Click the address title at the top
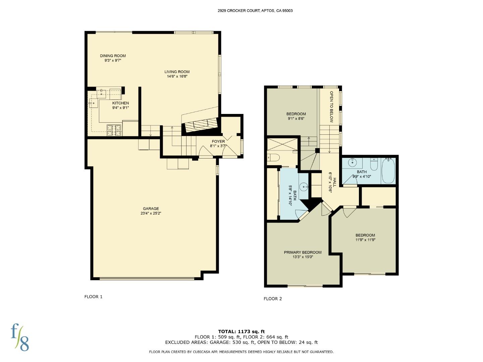pos(255,11)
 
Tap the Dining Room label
pos(113,56)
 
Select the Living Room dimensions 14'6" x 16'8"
pos(177,76)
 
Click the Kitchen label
pos(120,103)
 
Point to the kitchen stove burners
pos(114,130)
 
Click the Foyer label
pos(218,141)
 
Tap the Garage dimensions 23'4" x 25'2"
pos(151,213)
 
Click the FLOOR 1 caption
pos(93,297)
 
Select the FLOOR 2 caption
pos(273,299)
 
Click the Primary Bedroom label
pos(303,252)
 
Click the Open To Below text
pos(331,107)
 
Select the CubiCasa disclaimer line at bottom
pos(241,352)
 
